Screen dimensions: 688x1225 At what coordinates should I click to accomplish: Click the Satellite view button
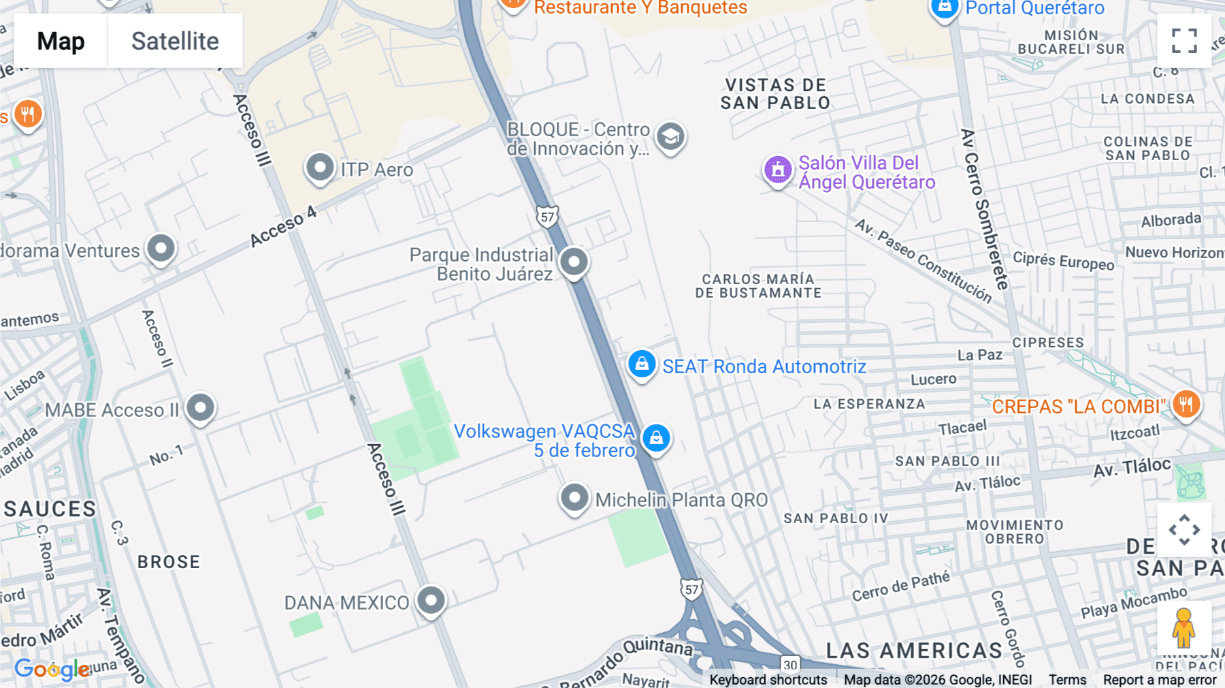pyautogui.click(x=175, y=41)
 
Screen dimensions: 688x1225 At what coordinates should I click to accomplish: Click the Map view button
pyautogui.click(x=61, y=41)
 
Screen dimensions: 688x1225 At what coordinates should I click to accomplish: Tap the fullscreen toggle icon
pyautogui.click(x=1184, y=41)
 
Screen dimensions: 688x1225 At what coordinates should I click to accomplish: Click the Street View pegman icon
pyautogui.click(x=1183, y=627)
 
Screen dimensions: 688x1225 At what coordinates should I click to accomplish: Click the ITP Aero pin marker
pyautogui.click(x=320, y=167)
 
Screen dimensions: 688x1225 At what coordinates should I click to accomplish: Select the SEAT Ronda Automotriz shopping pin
pyautogui.click(x=641, y=364)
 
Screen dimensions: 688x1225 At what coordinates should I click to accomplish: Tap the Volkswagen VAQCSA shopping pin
pyautogui.click(x=656, y=437)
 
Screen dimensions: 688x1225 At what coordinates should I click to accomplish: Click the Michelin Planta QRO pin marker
pyautogui.click(x=574, y=498)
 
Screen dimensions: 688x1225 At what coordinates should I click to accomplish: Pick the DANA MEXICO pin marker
pyautogui.click(x=431, y=600)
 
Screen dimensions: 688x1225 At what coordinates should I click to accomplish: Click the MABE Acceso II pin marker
pyautogui.click(x=200, y=407)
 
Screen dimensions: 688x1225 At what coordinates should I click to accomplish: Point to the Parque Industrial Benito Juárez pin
pyautogui.click(x=574, y=262)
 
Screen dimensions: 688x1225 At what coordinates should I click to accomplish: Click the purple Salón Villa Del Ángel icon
pyautogui.click(x=778, y=170)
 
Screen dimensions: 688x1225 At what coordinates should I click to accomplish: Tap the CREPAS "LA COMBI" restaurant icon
pyautogui.click(x=1186, y=405)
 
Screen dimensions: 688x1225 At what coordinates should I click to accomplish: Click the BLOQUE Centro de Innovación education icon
pyautogui.click(x=670, y=137)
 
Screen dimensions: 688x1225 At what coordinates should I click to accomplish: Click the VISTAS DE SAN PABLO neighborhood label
pyautogui.click(x=775, y=94)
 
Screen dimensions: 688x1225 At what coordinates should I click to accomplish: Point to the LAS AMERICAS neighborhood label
pyautogui.click(x=914, y=651)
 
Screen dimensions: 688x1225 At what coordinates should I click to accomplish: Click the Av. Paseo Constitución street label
pyautogui.click(x=924, y=261)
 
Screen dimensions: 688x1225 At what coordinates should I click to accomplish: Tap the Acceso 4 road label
pyautogui.click(x=283, y=226)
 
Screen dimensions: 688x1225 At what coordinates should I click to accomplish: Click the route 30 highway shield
pyautogui.click(x=790, y=664)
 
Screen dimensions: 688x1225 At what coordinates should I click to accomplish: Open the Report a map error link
pyautogui.click(x=1159, y=680)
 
